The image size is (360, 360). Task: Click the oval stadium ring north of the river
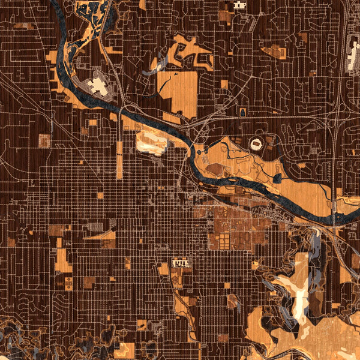(256, 145)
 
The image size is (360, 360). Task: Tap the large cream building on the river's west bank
(98, 87)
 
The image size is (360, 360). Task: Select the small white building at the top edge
(240, 5)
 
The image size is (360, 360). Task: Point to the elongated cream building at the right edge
(352, 57)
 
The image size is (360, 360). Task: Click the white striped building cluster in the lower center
(181, 263)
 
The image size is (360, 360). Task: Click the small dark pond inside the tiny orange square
(242, 112)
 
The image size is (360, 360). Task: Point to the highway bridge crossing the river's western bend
(122, 110)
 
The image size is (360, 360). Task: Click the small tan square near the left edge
(44, 141)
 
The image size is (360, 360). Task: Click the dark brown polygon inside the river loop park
(215, 169)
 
